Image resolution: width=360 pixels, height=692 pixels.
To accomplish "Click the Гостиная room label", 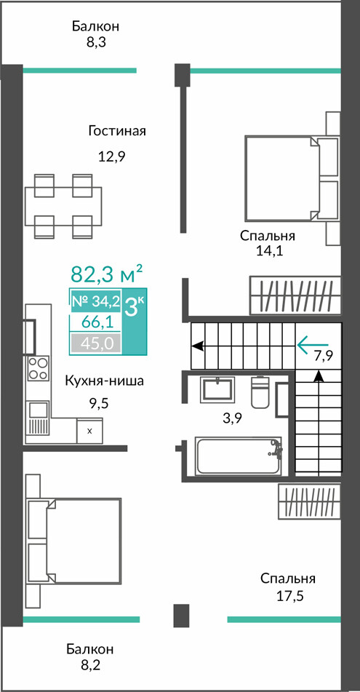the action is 117,131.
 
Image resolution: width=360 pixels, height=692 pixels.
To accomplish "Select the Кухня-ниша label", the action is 104,381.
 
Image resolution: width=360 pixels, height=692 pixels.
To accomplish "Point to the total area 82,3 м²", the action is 107,274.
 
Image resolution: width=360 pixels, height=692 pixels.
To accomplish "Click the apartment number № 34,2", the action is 95,301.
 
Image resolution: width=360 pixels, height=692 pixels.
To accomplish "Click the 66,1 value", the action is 95,322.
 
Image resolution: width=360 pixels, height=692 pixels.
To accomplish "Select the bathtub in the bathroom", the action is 239,456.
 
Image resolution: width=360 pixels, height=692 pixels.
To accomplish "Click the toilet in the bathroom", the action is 260,391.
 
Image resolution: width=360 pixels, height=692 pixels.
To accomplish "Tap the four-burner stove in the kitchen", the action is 38,368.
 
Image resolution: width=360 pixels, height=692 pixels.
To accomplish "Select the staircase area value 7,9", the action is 323,356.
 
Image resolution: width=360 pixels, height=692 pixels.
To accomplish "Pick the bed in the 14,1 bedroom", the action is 292,178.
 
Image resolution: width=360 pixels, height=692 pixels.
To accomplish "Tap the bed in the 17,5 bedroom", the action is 73,541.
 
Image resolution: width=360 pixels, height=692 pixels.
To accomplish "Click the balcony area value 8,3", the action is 96,42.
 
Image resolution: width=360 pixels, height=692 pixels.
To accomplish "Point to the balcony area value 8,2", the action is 90,665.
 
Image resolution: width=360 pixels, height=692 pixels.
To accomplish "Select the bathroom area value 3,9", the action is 232,418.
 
